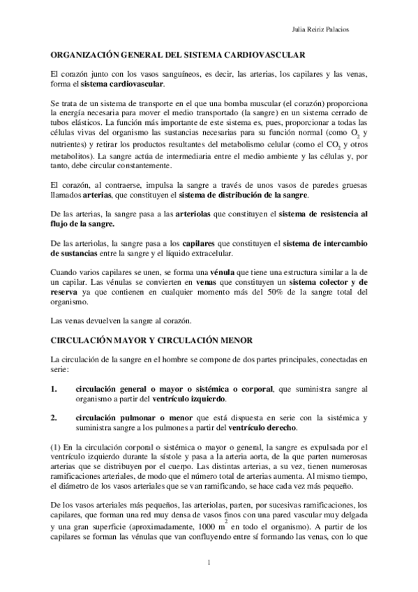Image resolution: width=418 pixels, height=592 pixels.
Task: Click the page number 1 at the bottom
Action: click(x=209, y=562)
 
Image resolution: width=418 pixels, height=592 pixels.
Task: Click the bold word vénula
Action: click(x=211, y=271)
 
